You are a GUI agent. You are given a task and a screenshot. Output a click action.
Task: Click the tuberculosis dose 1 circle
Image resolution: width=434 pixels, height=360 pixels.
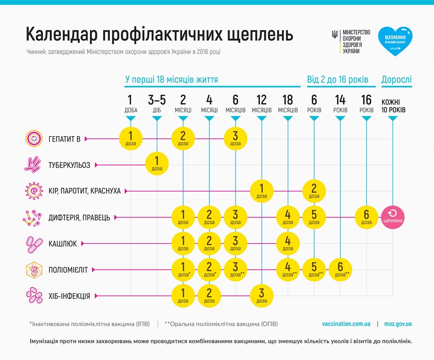(157, 163)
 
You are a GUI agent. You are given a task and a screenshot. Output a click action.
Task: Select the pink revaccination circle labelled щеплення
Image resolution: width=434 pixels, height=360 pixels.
(393, 216)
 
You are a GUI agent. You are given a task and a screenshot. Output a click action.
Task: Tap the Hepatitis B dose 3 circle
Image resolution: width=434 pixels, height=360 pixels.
(235, 138)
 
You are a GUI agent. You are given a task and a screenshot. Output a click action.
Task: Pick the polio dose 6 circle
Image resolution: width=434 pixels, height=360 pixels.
(340, 270)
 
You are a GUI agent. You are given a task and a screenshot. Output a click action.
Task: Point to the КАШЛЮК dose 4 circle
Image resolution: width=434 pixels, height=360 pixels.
(288, 243)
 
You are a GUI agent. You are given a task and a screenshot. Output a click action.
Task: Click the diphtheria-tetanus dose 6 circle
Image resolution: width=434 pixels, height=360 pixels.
(367, 216)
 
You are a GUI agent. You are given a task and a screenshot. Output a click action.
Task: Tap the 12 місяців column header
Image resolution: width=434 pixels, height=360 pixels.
(262, 104)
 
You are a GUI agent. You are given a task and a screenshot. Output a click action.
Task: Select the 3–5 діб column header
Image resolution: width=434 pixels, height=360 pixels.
(157, 104)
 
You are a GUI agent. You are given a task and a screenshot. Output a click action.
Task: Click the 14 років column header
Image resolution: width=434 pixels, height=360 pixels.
(340, 104)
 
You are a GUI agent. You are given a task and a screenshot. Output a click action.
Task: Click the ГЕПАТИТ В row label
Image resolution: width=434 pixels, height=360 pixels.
(64, 139)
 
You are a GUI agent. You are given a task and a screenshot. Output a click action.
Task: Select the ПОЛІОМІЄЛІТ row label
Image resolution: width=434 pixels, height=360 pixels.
(68, 270)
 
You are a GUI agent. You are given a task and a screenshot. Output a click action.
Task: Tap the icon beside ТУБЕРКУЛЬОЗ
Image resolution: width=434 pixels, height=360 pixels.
(33, 164)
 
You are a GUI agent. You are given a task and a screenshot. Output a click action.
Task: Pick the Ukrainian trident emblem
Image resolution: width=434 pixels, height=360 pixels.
(334, 35)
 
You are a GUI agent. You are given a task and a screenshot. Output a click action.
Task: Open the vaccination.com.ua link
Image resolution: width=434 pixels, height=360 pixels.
(346, 324)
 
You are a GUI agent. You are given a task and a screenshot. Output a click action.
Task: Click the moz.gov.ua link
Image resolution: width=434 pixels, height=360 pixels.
(398, 324)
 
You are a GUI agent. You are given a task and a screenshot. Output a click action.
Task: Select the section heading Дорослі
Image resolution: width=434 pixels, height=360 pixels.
(397, 79)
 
